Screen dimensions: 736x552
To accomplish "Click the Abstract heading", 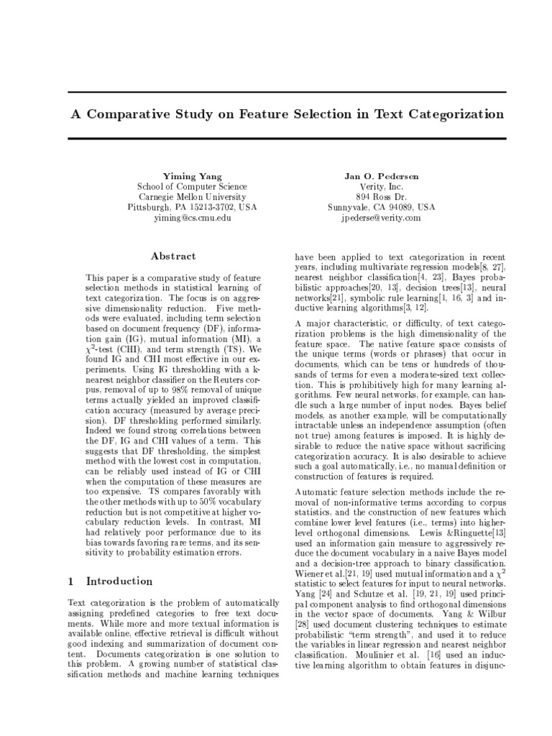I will pos(172,256).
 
